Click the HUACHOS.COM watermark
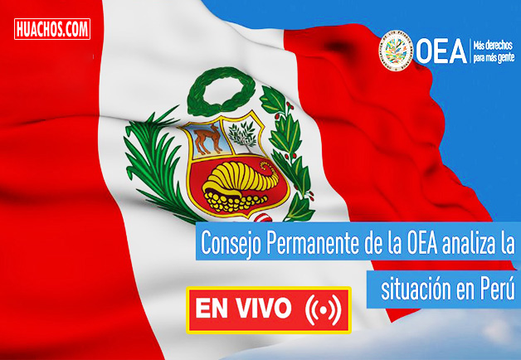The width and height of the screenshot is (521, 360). [x=52, y=29]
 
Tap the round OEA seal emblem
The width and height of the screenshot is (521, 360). [x=396, y=51]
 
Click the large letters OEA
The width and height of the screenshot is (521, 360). [x=441, y=51]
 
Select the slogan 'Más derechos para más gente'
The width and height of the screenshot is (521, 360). [x=494, y=51]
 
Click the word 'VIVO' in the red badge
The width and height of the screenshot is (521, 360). [x=264, y=309]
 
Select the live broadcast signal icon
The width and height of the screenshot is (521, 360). [x=323, y=310]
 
